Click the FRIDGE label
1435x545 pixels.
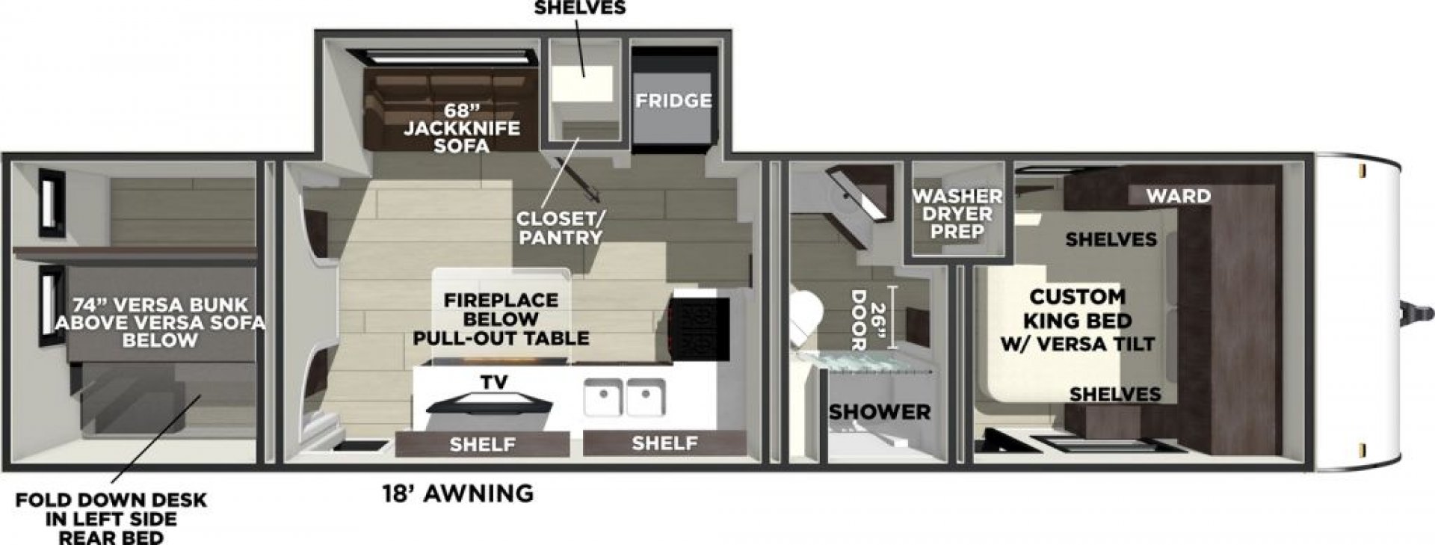673,101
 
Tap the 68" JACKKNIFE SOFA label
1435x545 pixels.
462,128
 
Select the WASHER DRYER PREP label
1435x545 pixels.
957,214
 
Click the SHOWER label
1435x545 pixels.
880,411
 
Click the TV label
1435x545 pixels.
494,383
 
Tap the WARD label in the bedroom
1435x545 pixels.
1179,196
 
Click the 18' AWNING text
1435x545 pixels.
458,493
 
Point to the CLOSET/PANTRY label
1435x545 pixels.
561,228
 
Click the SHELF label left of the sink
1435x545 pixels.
482,445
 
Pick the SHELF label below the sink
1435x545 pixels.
664,443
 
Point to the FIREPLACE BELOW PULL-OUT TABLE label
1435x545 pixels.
501,319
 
